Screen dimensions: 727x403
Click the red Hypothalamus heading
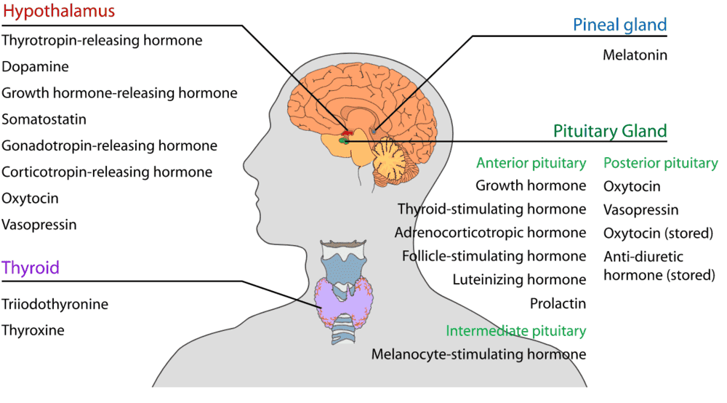pyautogui.click(x=59, y=12)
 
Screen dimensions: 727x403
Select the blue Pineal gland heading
pyautogui.click(x=620, y=25)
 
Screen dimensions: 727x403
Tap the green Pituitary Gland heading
pyautogui.click(x=610, y=131)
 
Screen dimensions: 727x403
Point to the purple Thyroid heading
pyautogui.click(x=31, y=268)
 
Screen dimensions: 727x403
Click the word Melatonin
pyautogui.click(x=635, y=55)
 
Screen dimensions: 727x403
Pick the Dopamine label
pyautogui.click(x=35, y=67)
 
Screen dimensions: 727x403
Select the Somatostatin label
pyautogui.click(x=44, y=119)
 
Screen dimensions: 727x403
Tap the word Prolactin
pyautogui.click(x=558, y=304)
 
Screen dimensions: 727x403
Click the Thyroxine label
pyautogui.click(x=33, y=331)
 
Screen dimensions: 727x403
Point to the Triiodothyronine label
pyautogui.click(x=55, y=305)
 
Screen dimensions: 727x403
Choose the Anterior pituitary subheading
pyautogui.click(x=531, y=163)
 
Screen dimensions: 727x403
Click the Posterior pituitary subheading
pyautogui.click(x=661, y=163)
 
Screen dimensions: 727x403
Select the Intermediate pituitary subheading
pyautogui.click(x=516, y=331)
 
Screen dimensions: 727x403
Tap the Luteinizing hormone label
pyautogui.click(x=519, y=280)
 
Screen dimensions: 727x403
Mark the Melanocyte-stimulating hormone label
pyautogui.click(x=478, y=355)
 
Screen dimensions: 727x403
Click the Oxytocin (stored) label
pyautogui.click(x=659, y=234)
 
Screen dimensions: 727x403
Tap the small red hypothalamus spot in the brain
pyautogui.click(x=348, y=134)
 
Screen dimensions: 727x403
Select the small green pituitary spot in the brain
pyautogui.click(x=344, y=140)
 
